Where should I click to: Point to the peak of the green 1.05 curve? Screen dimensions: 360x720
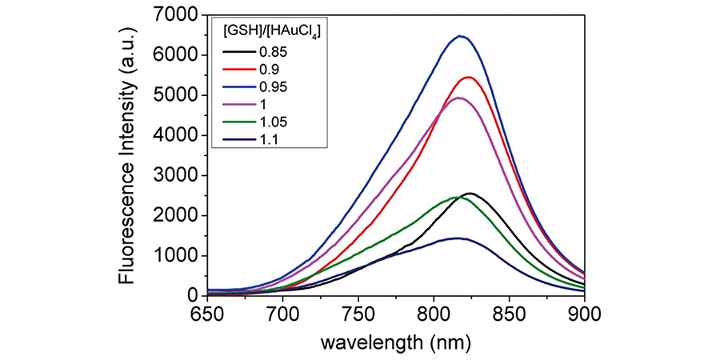click(454, 197)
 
